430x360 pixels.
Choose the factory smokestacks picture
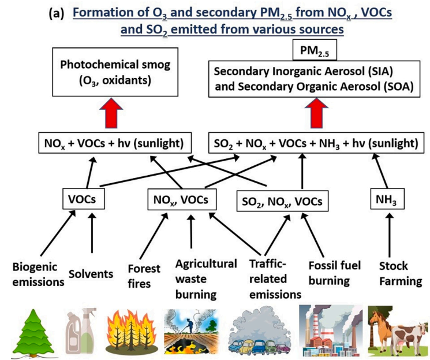tap(330, 332)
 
